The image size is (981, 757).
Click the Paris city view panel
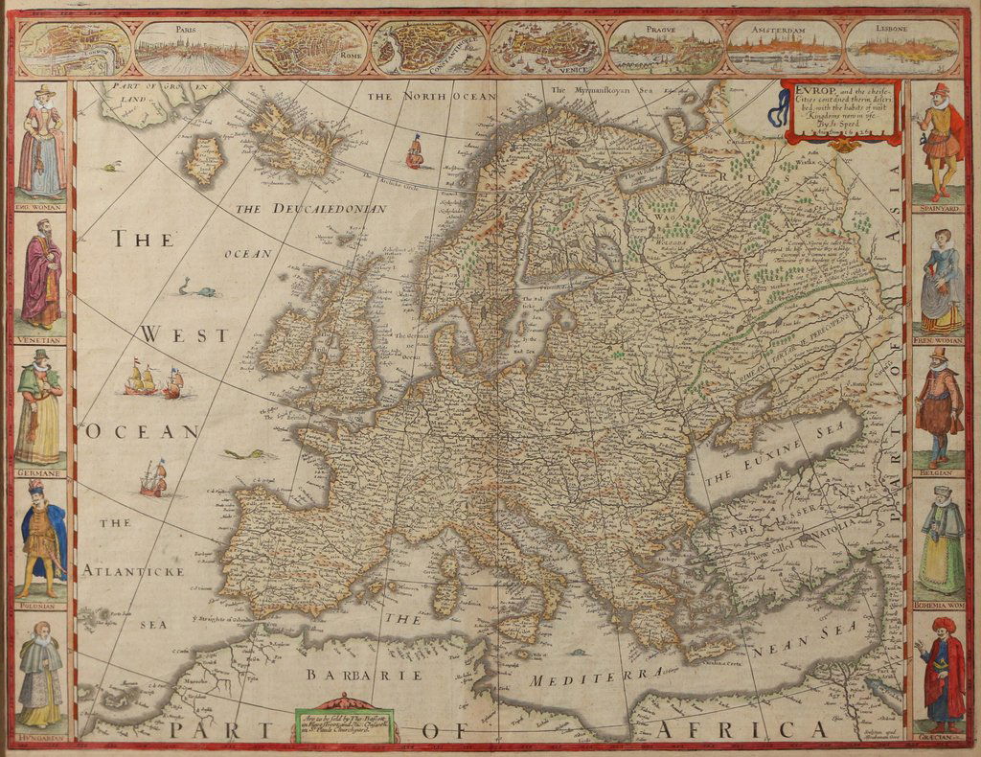pos(190,48)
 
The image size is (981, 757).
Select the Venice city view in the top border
pos(547,48)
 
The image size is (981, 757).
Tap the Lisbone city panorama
pos(902,48)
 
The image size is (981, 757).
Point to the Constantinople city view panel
pos(428,48)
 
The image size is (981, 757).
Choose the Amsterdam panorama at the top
pos(784,48)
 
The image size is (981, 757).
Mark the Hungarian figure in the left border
pos(40,675)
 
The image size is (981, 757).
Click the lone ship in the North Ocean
pos(415,151)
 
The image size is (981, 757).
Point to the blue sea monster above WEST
pos(196,287)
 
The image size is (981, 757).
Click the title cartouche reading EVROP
pos(841,111)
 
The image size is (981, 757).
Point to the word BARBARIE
pos(351,675)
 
